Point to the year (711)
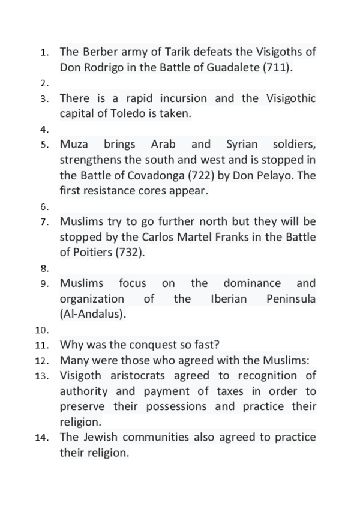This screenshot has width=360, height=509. click(x=278, y=68)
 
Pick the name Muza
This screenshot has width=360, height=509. click(x=74, y=145)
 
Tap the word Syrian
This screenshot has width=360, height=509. click(x=242, y=145)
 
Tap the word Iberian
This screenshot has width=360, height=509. click(x=229, y=298)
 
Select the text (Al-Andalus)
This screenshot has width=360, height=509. click(x=93, y=314)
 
